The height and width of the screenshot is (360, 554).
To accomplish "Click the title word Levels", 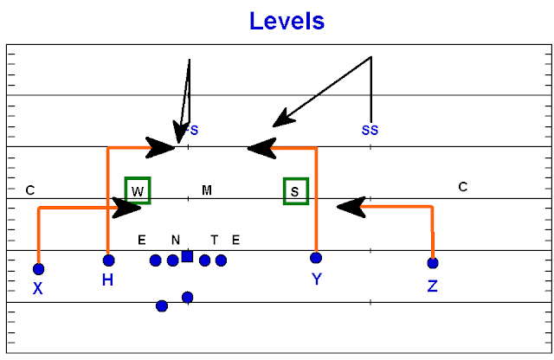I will [x=287, y=20].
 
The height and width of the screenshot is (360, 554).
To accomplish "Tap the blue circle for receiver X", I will [x=38, y=269].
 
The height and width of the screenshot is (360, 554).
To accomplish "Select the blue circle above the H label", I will [x=108, y=260].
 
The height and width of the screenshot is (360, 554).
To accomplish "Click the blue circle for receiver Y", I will [x=316, y=258].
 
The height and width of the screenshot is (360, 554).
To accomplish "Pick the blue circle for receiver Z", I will [x=433, y=262].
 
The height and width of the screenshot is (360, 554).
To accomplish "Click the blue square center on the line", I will [x=187, y=256].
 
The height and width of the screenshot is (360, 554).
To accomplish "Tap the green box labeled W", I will [x=137, y=190].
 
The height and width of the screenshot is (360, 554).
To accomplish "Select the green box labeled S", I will [x=296, y=191].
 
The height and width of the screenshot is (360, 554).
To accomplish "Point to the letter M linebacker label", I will [x=207, y=190].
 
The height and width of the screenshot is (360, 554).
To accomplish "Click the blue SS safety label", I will [x=370, y=131].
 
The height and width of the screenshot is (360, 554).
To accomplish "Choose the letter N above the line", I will [x=175, y=240].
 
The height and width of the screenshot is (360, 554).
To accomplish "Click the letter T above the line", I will [x=215, y=240].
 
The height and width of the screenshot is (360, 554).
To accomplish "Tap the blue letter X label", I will [x=37, y=288].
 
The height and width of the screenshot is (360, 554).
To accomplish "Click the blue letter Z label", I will [x=433, y=286].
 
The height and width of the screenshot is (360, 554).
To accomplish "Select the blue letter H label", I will [x=107, y=280].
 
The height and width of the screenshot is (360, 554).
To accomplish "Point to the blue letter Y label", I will [x=317, y=279].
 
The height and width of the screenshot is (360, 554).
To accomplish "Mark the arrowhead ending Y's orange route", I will [x=260, y=148].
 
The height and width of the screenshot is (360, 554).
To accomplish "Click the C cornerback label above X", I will [x=30, y=190].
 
